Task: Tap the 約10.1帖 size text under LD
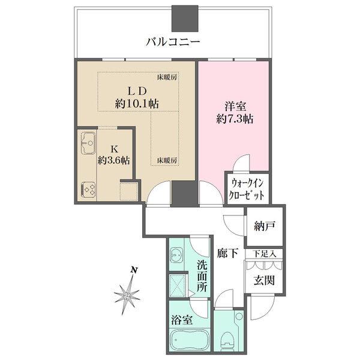coord(137,104)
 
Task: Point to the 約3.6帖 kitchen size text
coord(116,160)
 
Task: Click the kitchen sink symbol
coord(88,144)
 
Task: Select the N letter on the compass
coord(136,271)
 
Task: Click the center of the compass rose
coord(128,295)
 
